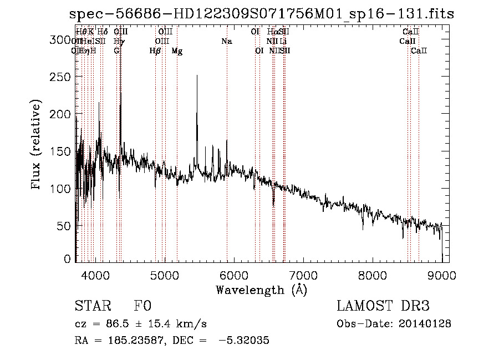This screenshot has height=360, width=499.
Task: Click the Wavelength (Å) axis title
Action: pos(261,290)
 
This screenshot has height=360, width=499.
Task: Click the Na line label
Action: pos(226,42)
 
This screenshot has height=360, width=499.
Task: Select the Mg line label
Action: pos(177,51)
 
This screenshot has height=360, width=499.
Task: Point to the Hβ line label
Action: pos(155,51)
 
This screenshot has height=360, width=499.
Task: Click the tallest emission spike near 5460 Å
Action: pos(197,77)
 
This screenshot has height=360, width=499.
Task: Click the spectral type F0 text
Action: pos(142,307)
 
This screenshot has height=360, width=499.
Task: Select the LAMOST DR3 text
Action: pos(383,307)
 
